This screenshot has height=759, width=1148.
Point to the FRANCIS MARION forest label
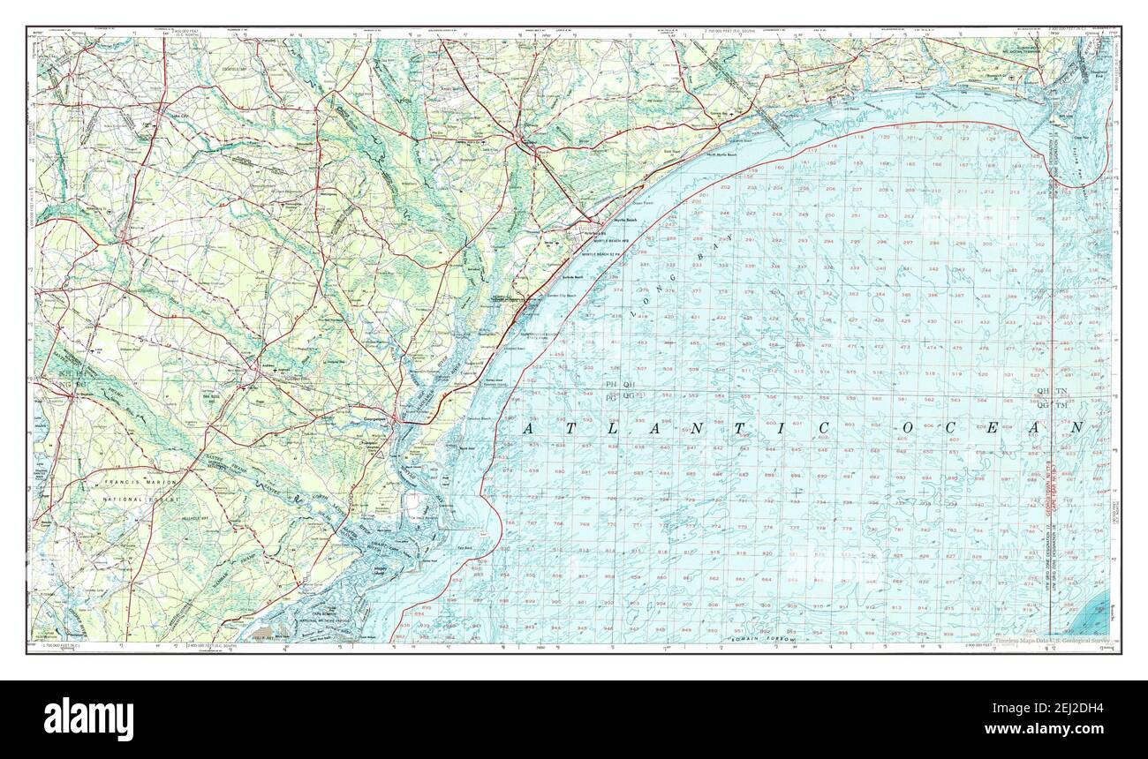point(137,483)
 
